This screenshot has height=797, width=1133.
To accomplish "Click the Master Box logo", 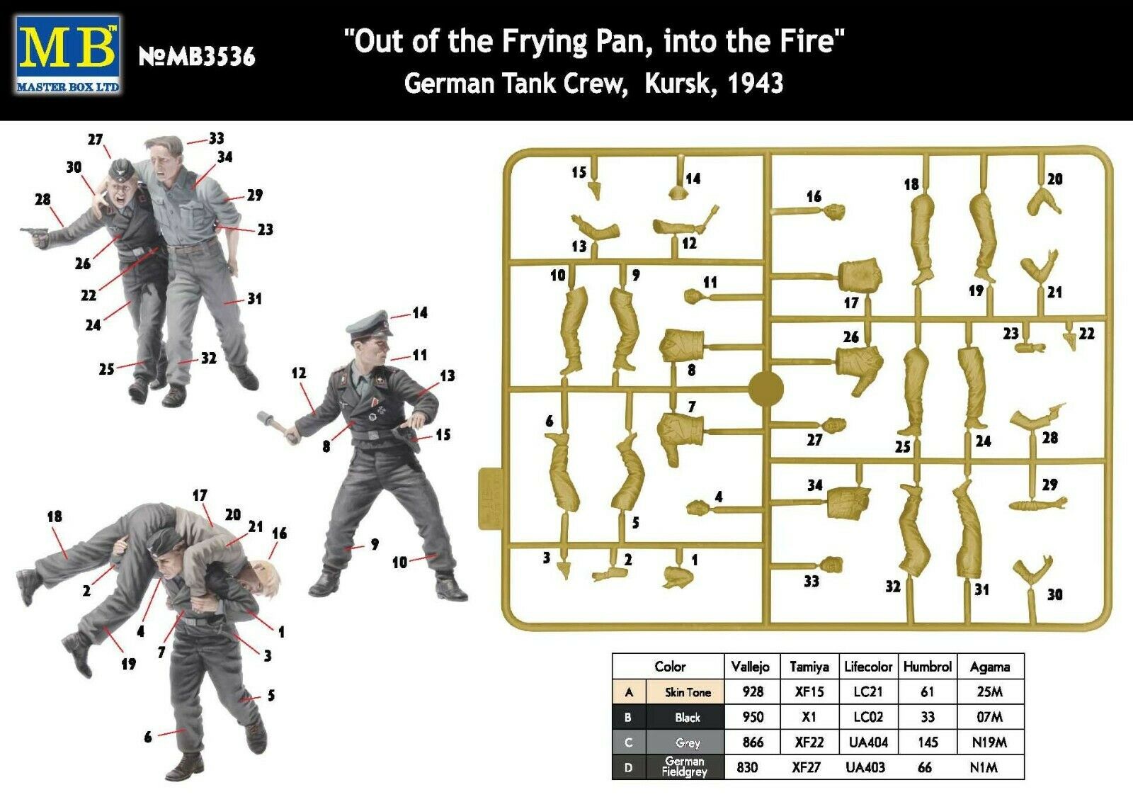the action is pos(68,55).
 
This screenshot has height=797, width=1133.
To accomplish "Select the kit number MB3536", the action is pos(198,57).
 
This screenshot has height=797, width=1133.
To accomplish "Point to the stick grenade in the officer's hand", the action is pos(275,426).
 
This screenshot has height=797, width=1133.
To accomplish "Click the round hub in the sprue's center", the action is pos(765,389).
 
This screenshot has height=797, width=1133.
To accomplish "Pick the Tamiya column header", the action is pos(809,667).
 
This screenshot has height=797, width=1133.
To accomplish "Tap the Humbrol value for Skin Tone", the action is pos(927,691).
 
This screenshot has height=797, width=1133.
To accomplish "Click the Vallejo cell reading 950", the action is pos(753,717).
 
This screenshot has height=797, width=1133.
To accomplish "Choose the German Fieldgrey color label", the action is pos(685,767).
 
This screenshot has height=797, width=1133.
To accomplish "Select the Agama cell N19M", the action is pos(989,742).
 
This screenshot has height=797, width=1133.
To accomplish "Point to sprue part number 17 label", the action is pos(851,303).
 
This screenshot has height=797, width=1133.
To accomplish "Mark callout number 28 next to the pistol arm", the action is pos(42,199).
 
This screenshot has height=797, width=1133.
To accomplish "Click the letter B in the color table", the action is pos(628,718).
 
